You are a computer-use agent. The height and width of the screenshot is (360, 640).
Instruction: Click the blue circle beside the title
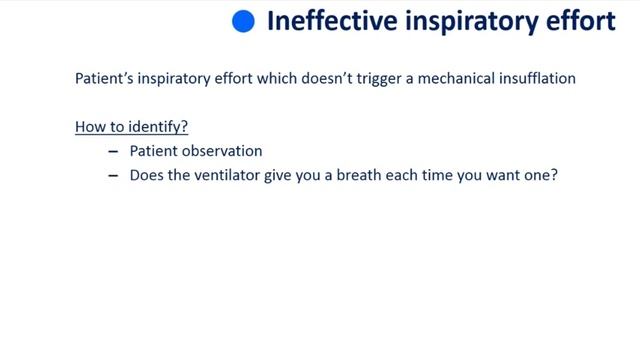click(x=243, y=22)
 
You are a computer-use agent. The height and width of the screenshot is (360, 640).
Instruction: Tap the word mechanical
click(x=464, y=79)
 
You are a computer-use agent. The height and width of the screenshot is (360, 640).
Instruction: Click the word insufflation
click(x=540, y=79)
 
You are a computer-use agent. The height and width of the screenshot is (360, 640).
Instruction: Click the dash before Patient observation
click(x=113, y=152)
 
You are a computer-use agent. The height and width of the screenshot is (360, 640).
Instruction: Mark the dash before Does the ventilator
click(x=113, y=176)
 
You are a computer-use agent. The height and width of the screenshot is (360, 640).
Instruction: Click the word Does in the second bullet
click(x=146, y=176)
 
